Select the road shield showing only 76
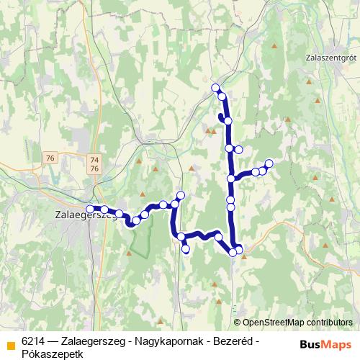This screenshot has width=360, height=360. click(x=49, y=158)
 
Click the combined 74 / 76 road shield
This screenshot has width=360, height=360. click(x=94, y=163)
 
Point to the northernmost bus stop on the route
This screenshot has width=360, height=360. click(x=215, y=88)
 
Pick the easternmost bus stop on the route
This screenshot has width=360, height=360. click(x=269, y=163)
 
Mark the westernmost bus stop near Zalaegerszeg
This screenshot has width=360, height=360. click(x=89, y=209)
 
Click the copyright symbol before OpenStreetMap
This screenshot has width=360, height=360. click(x=238, y=323)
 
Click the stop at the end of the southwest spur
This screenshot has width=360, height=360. click(x=186, y=249)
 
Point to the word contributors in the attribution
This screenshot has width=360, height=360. click(x=328, y=323)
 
